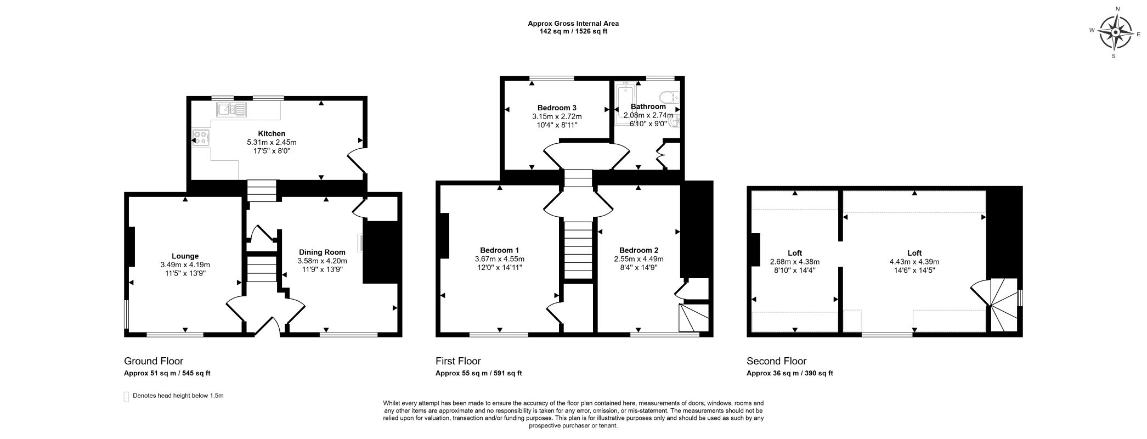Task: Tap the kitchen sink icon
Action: (x=231, y=110)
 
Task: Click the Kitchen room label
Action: (x=272, y=133)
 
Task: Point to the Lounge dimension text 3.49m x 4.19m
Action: (x=185, y=264)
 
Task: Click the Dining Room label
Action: (x=322, y=252)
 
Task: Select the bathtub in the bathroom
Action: (x=624, y=104)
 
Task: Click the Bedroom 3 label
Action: (x=556, y=108)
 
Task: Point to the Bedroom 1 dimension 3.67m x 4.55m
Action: (x=499, y=259)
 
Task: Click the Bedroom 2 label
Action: (x=639, y=250)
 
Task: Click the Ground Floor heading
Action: (x=154, y=361)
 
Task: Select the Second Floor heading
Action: (x=776, y=361)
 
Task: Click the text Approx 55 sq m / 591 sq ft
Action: (x=478, y=373)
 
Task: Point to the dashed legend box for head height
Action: (x=127, y=396)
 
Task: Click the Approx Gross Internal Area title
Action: (x=573, y=24)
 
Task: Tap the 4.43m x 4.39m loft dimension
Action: (x=914, y=262)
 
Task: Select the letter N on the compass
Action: (x=1114, y=9)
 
